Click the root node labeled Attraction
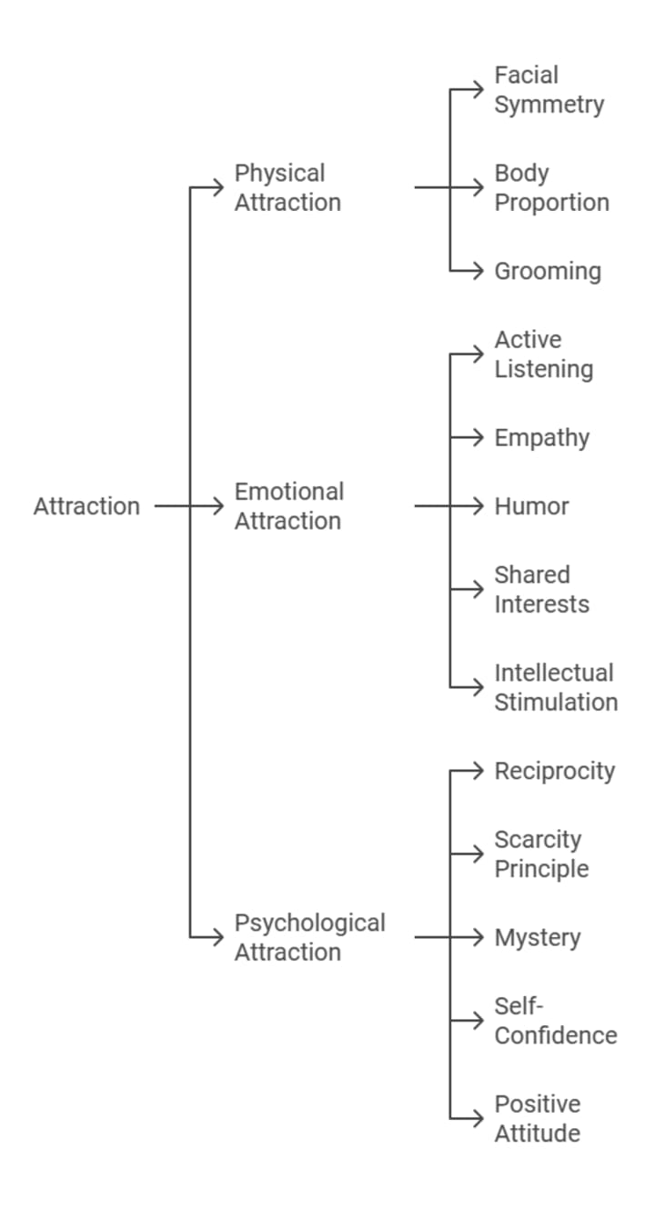point(86,506)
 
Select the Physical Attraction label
point(287,187)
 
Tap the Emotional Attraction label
point(287,506)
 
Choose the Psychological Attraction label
point(309,937)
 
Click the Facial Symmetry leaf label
point(549,89)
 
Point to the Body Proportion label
point(551,187)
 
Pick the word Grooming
point(548,272)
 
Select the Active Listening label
point(543,354)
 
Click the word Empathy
point(541,438)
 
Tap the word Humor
point(531,506)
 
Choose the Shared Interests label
point(541,590)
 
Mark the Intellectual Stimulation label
point(555,687)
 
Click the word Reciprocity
point(554,772)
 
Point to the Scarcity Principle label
point(541,854)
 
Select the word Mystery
point(537,938)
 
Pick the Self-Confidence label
point(555,1021)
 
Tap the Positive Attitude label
point(537,1119)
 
